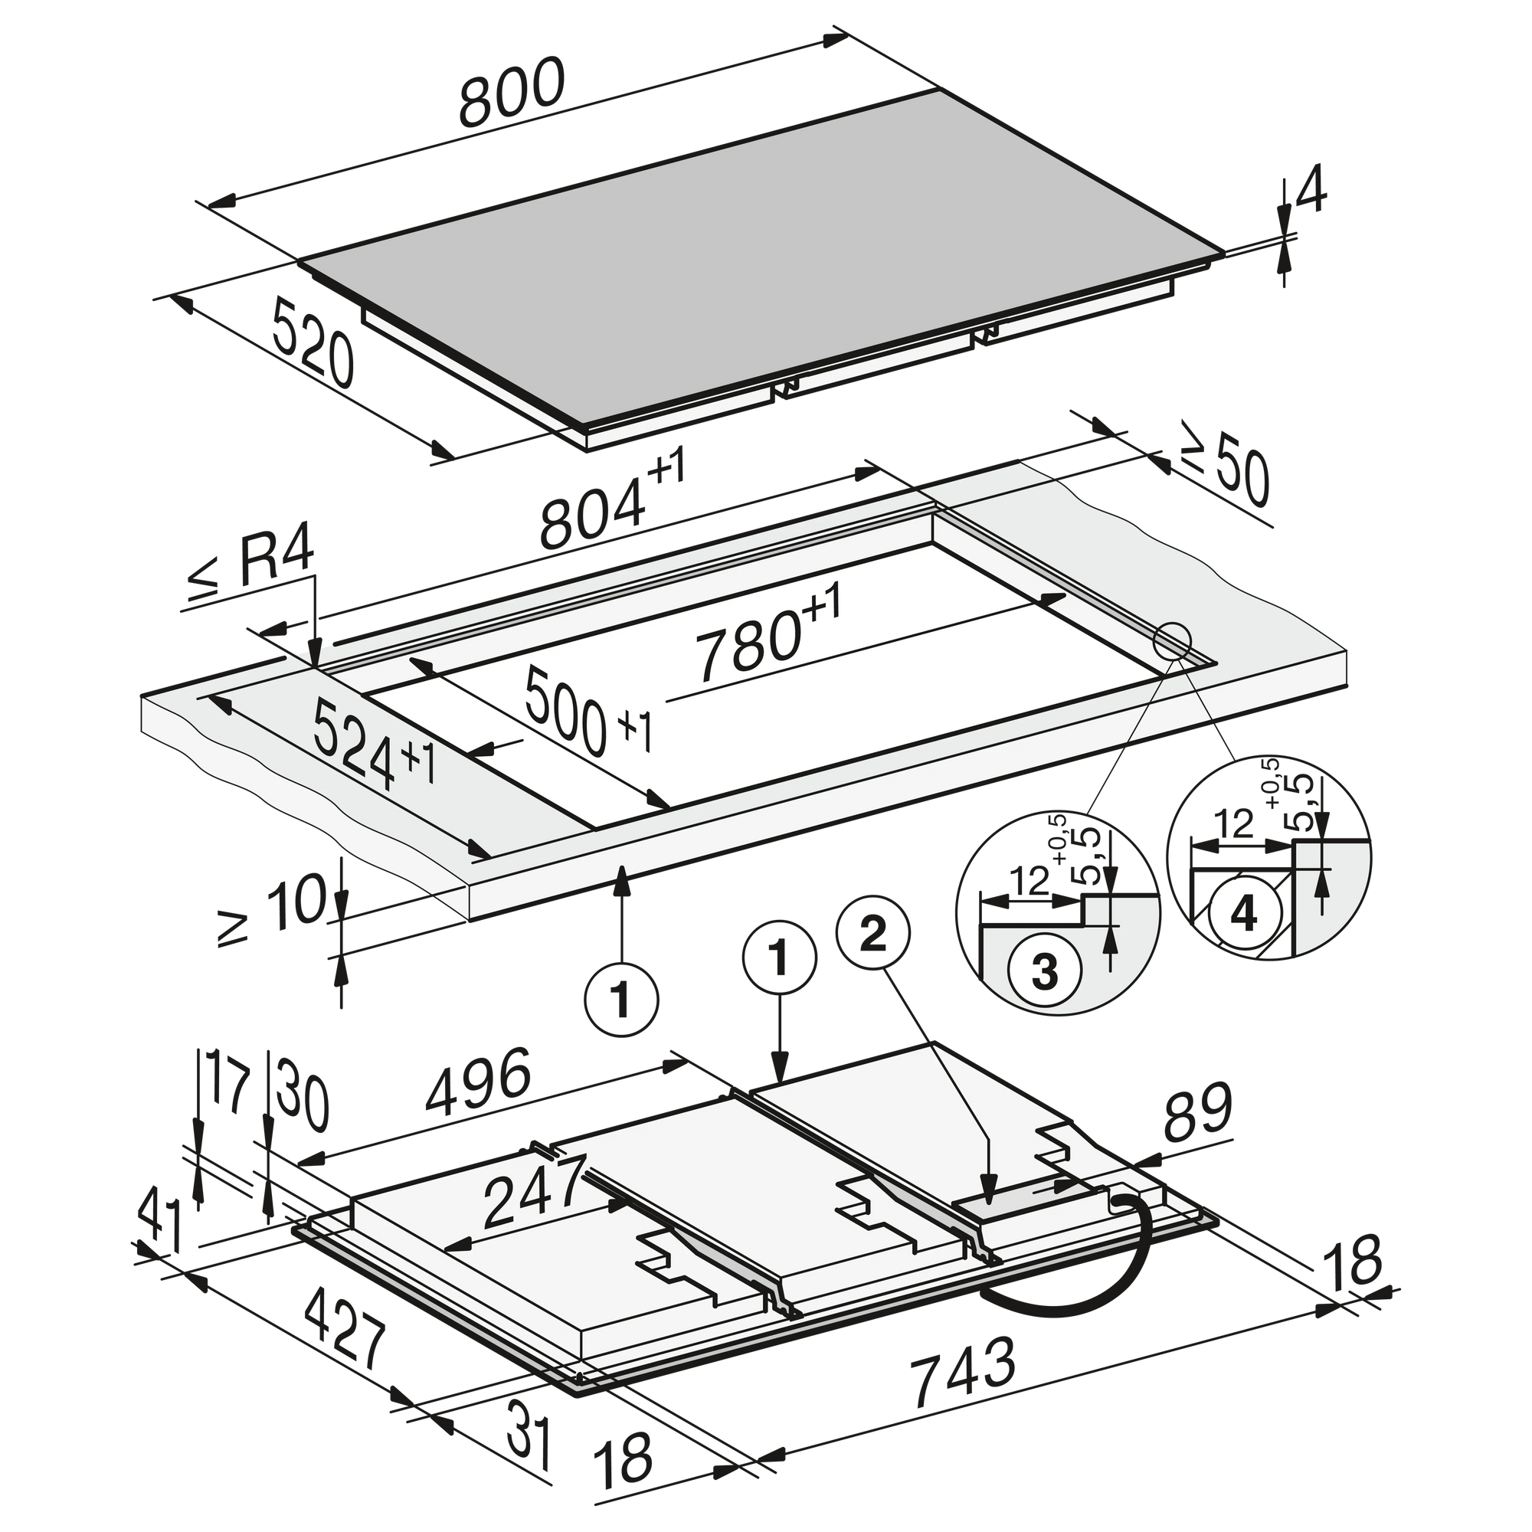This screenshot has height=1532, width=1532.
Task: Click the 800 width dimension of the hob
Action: coord(512,93)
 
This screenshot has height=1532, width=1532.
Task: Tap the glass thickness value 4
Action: coord(1311,191)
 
